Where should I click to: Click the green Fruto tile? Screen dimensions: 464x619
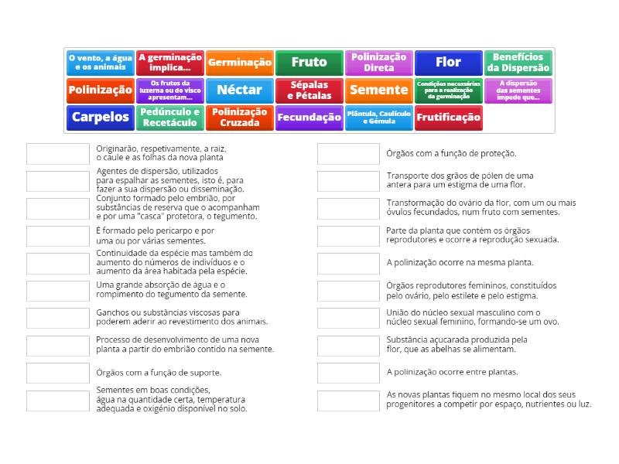click(309, 62)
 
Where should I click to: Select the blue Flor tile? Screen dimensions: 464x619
click(448, 62)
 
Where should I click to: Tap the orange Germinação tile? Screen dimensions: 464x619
click(240, 62)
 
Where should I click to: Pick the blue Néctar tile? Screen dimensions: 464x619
click(240, 90)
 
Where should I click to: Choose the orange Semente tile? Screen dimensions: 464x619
click(378, 90)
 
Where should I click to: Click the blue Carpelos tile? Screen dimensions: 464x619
click(101, 118)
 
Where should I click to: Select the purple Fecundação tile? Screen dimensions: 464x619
click(309, 118)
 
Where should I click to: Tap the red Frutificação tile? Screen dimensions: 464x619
click(448, 118)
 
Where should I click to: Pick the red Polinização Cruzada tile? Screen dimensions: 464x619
click(240, 118)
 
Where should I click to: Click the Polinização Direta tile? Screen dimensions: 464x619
click(378, 62)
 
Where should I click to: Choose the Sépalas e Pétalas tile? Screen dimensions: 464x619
click(309, 90)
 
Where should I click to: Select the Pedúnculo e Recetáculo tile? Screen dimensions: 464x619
click(170, 118)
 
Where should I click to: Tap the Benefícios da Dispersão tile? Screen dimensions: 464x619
click(518, 62)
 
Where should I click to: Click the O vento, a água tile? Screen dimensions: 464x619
click(101, 62)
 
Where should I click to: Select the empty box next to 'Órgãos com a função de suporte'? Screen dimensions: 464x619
click(58, 373)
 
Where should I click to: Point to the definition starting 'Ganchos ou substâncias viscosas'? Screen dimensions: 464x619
click(182, 317)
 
